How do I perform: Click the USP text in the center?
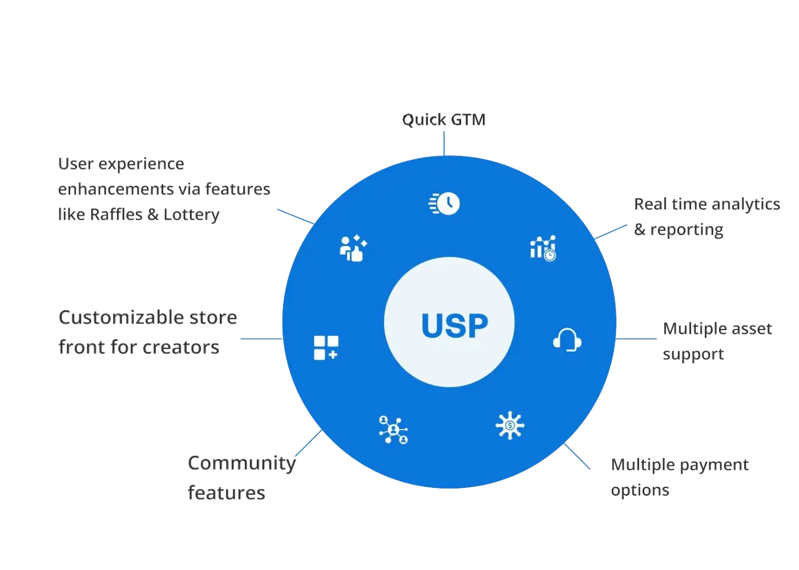(454, 325)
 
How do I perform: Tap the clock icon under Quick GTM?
(445, 203)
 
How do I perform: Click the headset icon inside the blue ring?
(567, 340)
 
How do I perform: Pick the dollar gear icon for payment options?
(509, 425)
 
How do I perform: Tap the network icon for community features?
(393, 429)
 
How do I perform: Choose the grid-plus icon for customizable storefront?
(326, 348)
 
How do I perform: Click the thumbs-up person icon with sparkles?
(353, 249)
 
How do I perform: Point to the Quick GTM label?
(445, 120)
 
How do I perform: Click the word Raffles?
(117, 214)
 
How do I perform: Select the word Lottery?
(192, 214)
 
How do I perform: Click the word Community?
(241, 463)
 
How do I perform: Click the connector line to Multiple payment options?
(578, 457)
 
